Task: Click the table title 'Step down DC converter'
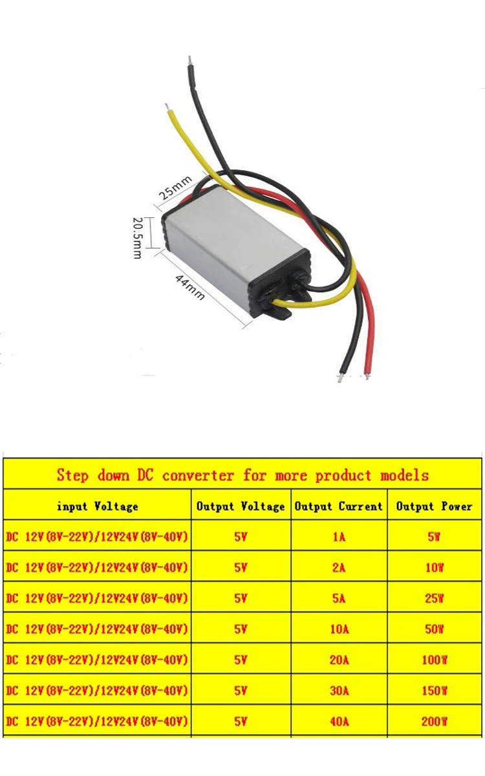click(x=242, y=475)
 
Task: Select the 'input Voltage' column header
click(x=98, y=506)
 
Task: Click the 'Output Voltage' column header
click(x=241, y=506)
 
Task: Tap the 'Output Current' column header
click(x=339, y=506)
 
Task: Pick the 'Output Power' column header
click(x=435, y=506)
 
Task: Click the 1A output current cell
click(x=339, y=537)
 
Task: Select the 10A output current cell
click(x=339, y=629)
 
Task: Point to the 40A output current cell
click(x=339, y=721)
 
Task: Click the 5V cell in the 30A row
click(x=241, y=691)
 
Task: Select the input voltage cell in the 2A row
click(x=98, y=567)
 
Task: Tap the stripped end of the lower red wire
click(x=368, y=374)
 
